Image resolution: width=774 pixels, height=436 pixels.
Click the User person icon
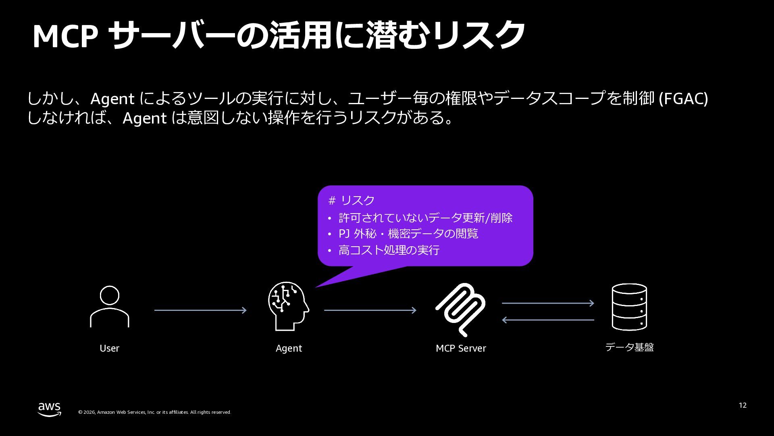109,306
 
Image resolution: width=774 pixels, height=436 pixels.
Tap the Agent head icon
288,306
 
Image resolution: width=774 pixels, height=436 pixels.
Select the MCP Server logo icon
461,310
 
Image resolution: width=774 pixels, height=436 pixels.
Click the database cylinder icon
629,307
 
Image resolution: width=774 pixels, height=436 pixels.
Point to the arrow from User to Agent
200,310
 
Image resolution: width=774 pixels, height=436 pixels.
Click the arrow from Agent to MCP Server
370,310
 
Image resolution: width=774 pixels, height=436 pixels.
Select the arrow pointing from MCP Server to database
548,303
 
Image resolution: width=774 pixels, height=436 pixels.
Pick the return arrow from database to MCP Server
548,320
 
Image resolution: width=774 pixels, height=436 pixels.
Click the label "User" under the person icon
109,348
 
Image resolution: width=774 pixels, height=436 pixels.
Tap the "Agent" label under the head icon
289,348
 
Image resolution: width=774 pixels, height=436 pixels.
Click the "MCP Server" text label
461,348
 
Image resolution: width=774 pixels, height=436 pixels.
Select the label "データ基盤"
629,347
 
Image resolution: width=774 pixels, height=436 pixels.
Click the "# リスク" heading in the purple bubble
352,200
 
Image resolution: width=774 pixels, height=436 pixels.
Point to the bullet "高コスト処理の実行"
389,250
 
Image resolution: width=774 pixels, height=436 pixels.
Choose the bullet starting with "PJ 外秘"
408,234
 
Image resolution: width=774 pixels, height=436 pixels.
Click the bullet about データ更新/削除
425,218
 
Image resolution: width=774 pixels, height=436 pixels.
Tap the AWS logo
50,409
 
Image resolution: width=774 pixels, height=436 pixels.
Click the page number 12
743,405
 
